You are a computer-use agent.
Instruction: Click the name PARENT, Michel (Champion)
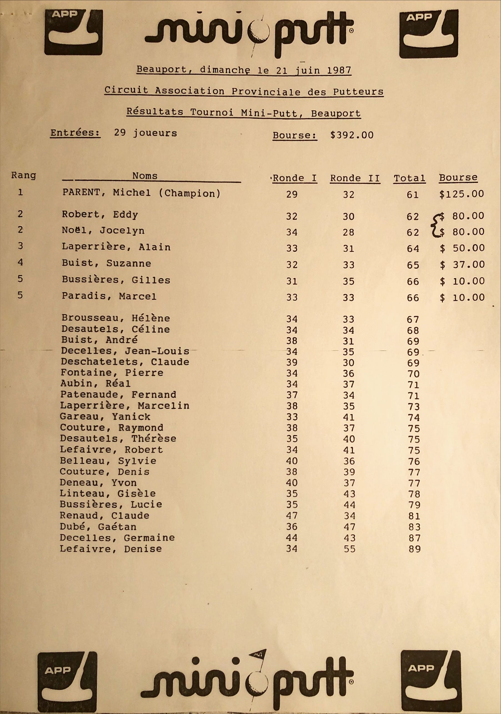[x=142, y=193]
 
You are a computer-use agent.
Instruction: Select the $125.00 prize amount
[x=462, y=194]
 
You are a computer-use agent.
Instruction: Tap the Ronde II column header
[x=355, y=178]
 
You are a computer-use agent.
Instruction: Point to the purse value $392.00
[x=352, y=135]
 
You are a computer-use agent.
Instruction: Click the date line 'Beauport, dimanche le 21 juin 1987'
[x=244, y=70]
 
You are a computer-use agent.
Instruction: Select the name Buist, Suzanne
[x=106, y=263]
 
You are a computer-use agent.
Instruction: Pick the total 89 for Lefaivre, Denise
[x=415, y=549]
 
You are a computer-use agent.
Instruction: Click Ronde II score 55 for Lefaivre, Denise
[x=349, y=549]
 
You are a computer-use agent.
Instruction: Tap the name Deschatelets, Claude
[x=125, y=362]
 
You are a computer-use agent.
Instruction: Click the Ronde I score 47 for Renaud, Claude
[x=292, y=516]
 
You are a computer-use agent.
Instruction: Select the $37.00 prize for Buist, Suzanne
[x=462, y=265]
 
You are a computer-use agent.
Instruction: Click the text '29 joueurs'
[x=145, y=133]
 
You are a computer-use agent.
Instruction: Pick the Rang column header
[x=24, y=175]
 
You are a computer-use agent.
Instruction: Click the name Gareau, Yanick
[x=105, y=417]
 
